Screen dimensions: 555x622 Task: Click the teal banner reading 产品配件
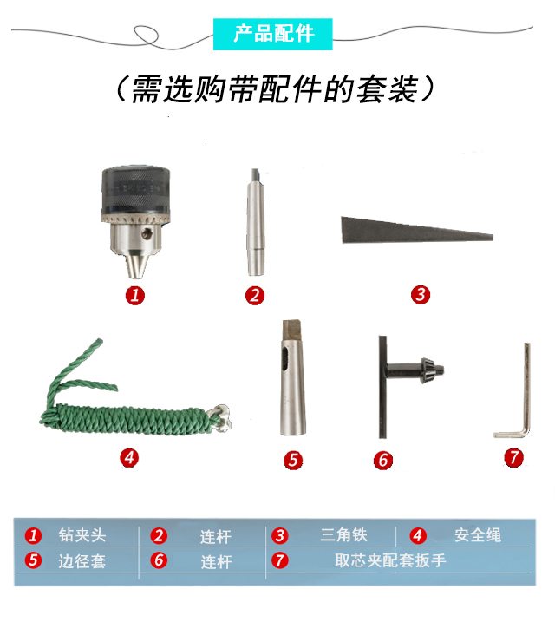273,34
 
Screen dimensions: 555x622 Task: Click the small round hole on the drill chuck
147,233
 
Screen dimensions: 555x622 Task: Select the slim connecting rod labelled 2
255,221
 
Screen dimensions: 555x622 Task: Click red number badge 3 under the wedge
421,295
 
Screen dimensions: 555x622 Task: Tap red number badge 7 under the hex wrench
513,457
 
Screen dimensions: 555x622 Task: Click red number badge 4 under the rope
129,458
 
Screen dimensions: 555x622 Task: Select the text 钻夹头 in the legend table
82,535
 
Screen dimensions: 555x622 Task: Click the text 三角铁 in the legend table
343,534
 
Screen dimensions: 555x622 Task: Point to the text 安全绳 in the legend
478,535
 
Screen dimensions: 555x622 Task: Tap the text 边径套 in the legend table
82,561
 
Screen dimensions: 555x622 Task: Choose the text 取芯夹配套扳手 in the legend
390,560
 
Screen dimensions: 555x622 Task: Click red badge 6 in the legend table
159,560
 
